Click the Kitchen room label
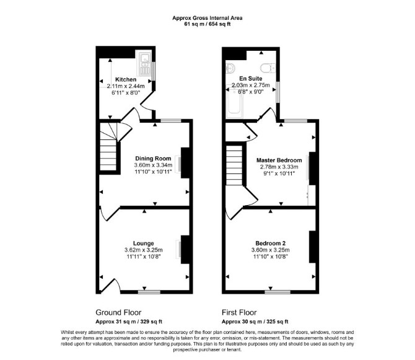point(126,79)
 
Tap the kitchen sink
point(144,64)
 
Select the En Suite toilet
point(268,68)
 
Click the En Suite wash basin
point(230,69)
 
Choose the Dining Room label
point(153,158)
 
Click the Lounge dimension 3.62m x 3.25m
point(144,250)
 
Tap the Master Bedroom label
point(279,160)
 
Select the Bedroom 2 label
point(271,244)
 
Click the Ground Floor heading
point(118,313)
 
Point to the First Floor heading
point(239,313)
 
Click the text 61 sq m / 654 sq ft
point(207,24)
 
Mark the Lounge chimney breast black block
point(185,249)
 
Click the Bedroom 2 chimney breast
point(313,247)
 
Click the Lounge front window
point(149,292)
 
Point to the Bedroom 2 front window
point(277,292)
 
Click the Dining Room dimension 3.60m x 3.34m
point(153,165)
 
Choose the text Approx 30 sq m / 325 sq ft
point(255,322)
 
